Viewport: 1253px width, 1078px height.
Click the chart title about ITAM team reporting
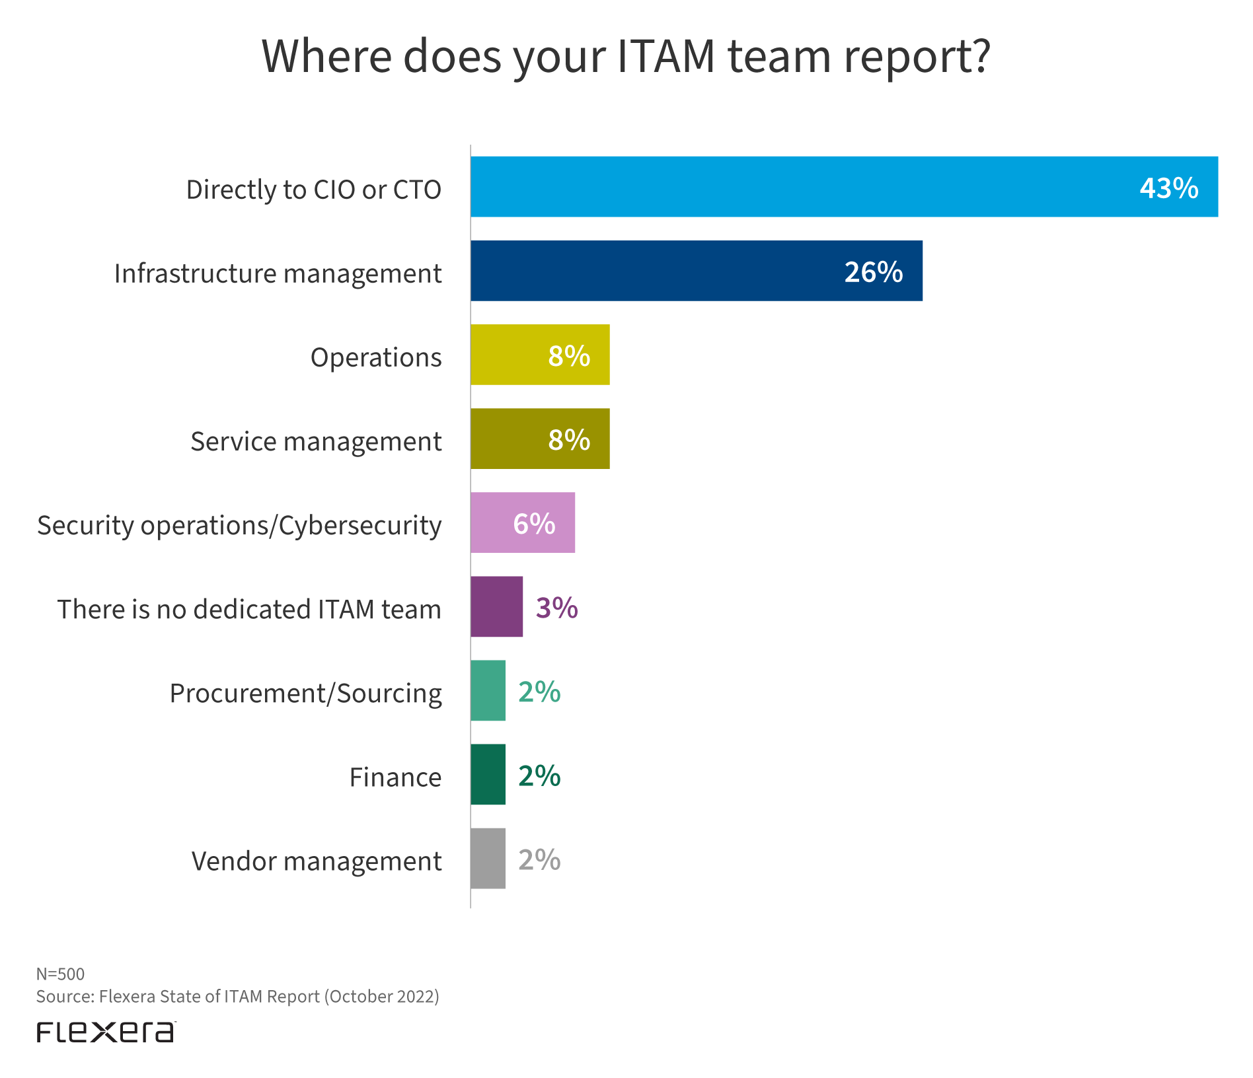(x=626, y=57)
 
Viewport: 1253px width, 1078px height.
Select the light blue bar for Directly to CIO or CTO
(x=793, y=187)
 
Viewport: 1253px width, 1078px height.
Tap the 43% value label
(x=1168, y=188)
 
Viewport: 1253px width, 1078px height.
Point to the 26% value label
(x=873, y=272)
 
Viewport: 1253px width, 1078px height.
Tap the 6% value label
(x=534, y=524)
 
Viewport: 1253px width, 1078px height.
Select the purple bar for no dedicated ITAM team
(x=496, y=606)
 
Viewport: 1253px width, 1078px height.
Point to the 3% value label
(x=556, y=608)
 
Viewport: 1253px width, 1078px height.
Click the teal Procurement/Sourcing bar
(x=488, y=690)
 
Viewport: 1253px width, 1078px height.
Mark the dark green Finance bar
(x=488, y=774)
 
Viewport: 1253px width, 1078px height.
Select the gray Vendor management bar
(x=488, y=858)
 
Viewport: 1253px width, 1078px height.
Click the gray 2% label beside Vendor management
(x=539, y=860)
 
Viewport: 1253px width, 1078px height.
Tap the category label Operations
(x=375, y=357)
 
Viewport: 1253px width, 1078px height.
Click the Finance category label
(x=395, y=777)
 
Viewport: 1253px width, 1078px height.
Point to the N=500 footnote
(x=60, y=974)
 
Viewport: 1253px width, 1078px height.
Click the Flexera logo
(x=106, y=1032)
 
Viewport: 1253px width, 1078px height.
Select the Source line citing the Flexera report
(x=237, y=996)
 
